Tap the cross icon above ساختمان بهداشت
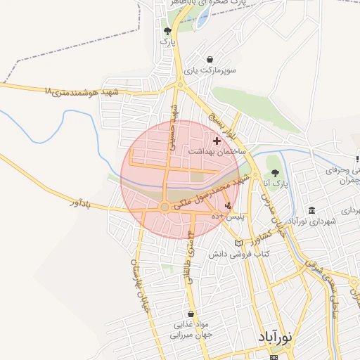pyautogui.click(x=216, y=141)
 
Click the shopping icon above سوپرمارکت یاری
pyautogui.click(x=210, y=60)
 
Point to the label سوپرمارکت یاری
pyautogui.click(x=210, y=70)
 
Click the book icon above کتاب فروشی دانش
pyautogui.click(x=238, y=243)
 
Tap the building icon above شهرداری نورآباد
pyautogui.click(x=311, y=210)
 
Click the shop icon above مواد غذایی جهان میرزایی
pyautogui.click(x=191, y=314)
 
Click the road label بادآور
pyautogui.click(x=82, y=202)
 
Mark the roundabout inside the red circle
pyautogui.click(x=164, y=207)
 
